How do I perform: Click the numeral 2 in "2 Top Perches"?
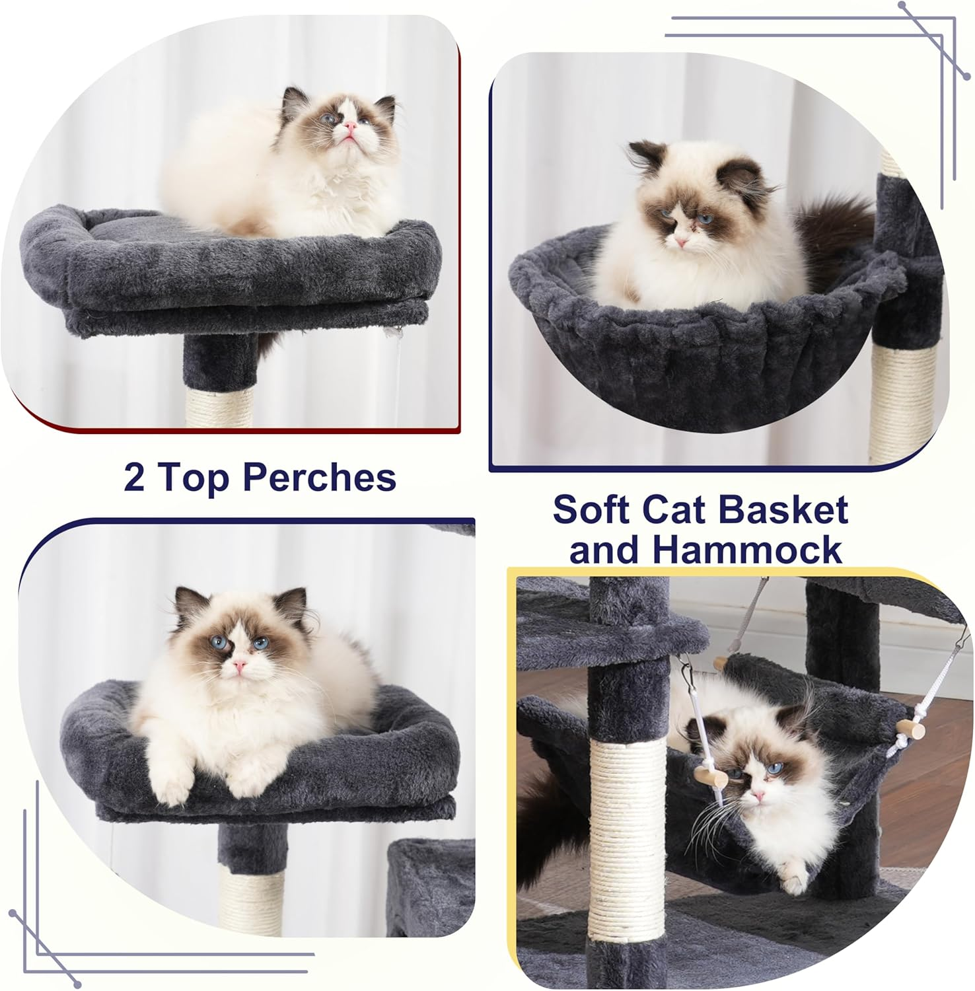tap(134, 476)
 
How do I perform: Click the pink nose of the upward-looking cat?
tap(351, 126)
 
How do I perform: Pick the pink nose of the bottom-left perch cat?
tap(239, 666)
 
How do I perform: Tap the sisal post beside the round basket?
tap(895, 403)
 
